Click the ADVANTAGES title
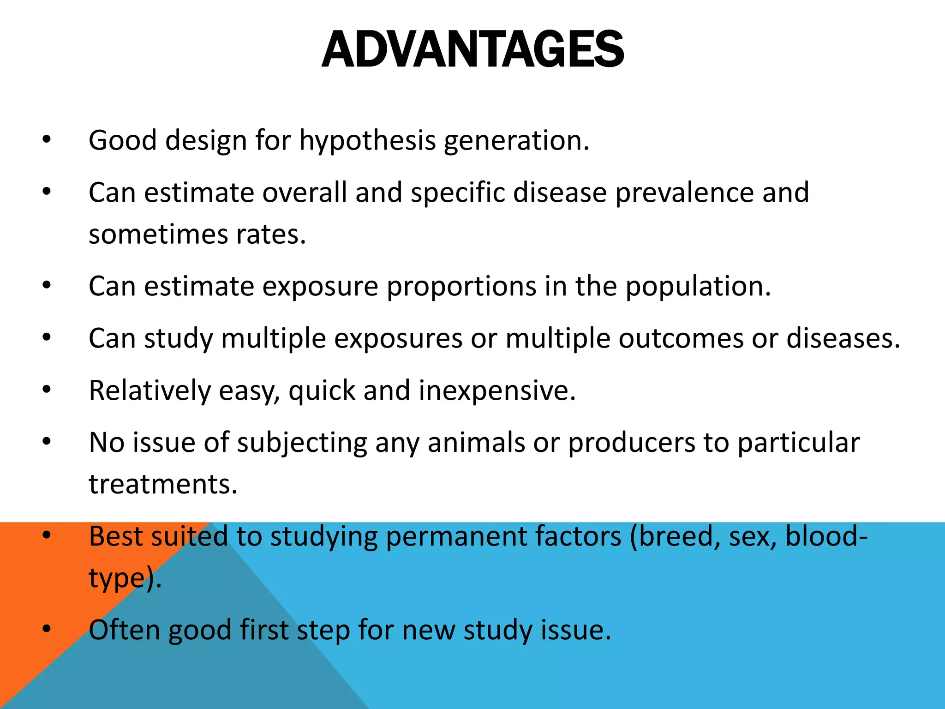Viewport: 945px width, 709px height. (472, 50)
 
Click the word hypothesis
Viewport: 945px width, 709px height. (367, 141)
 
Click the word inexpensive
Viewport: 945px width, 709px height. (497, 391)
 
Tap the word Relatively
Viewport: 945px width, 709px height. (150, 391)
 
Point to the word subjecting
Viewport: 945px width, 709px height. (302, 443)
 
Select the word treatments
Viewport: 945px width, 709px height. (163, 485)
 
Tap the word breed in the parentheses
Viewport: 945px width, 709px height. (676, 537)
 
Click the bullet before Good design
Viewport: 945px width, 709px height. (46, 140)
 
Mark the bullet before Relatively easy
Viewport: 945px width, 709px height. (46, 390)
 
